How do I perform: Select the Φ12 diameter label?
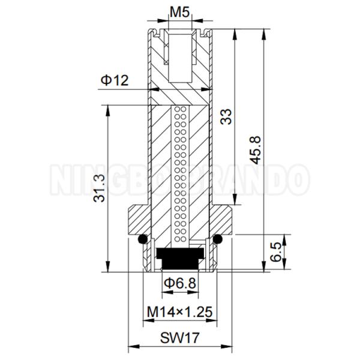click(115, 80)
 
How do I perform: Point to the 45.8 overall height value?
click(256, 149)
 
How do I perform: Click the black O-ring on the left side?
click(142, 240)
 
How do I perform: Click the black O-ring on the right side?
click(218, 240)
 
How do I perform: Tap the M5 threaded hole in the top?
click(179, 57)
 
